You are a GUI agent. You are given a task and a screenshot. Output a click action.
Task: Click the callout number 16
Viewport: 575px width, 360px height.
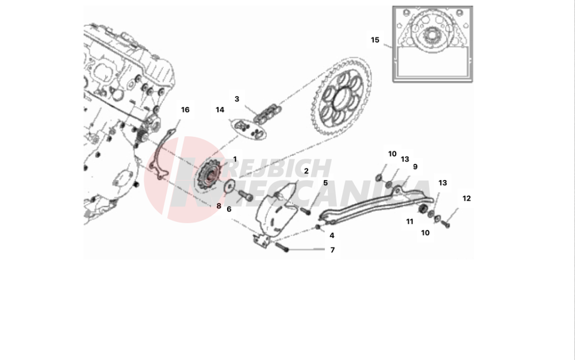(185, 110)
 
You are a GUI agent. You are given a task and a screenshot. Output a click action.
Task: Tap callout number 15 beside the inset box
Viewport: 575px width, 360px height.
(375, 40)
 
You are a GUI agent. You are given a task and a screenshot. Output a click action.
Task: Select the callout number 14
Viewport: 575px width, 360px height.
(220, 109)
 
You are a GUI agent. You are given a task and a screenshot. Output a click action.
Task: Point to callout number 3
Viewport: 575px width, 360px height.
(236, 99)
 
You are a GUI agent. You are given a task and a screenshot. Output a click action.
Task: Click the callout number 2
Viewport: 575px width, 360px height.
(306, 171)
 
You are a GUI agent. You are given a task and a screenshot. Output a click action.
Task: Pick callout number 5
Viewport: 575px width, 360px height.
(325, 183)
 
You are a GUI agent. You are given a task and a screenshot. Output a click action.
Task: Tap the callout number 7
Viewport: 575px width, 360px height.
(332, 250)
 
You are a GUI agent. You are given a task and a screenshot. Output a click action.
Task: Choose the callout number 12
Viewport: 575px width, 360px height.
(466, 198)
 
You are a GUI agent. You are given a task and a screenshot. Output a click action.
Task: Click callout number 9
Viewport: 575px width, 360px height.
(415, 167)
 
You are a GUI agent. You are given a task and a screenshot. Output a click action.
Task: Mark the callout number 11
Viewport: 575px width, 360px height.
(410, 221)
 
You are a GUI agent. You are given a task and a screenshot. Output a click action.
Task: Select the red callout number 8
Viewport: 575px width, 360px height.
(218, 205)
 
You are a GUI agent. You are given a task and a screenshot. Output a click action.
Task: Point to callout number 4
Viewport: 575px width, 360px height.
(332, 235)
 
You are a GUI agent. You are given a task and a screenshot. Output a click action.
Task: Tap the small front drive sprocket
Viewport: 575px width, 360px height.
(210, 175)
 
